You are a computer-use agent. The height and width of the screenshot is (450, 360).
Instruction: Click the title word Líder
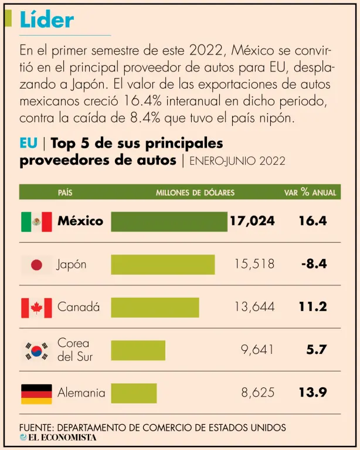(x=47, y=20)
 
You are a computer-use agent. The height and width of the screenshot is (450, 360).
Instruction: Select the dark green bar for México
(x=169, y=221)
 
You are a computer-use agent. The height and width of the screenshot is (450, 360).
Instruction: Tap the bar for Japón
(x=162, y=264)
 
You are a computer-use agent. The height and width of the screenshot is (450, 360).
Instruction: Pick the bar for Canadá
(x=155, y=307)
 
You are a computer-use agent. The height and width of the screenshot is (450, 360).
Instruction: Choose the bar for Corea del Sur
(x=138, y=350)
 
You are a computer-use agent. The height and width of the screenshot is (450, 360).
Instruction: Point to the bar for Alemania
(x=134, y=393)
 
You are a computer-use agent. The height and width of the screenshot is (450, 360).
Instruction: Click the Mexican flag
(x=36, y=221)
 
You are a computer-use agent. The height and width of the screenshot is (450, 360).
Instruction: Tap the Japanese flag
(x=36, y=265)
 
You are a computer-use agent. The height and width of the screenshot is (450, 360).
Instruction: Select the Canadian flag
(x=36, y=307)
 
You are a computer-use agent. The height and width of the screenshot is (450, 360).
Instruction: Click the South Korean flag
(x=36, y=350)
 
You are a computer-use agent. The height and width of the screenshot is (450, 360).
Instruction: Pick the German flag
(x=36, y=393)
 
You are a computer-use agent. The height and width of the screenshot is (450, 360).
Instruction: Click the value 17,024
(x=252, y=221)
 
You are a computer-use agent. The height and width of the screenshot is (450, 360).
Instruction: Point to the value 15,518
(x=254, y=264)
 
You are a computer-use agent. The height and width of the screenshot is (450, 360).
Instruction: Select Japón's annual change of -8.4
(x=314, y=264)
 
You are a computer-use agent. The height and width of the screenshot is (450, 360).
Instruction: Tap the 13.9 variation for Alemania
(x=313, y=393)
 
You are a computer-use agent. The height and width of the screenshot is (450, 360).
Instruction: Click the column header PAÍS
(x=65, y=192)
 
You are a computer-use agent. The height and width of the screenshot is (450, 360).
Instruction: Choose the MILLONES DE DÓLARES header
(x=195, y=192)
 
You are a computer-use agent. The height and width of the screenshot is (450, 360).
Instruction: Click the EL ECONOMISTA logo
(x=58, y=437)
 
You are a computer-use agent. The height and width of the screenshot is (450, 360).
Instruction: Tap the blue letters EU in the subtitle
(x=28, y=144)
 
